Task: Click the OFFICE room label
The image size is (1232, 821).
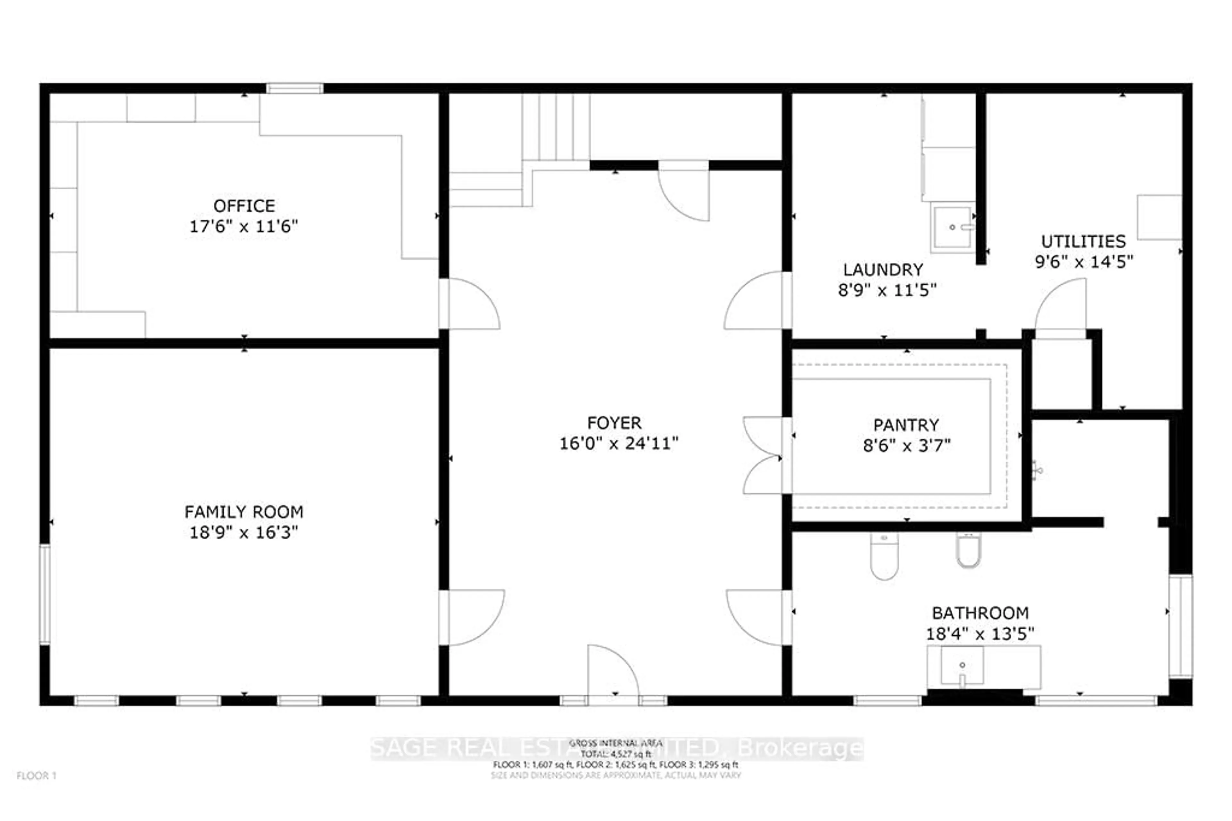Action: (244, 206)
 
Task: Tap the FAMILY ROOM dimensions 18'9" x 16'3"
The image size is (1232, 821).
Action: (244, 532)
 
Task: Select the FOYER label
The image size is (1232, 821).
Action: (614, 423)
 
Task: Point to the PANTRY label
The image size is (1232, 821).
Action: (906, 425)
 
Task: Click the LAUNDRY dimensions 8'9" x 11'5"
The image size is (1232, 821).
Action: (887, 290)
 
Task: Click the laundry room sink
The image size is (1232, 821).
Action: (953, 228)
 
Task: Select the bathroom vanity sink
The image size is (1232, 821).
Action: (962, 666)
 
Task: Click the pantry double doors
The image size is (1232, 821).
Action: (763, 456)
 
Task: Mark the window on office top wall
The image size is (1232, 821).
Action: (295, 88)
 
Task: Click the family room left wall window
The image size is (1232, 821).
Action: (45, 594)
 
